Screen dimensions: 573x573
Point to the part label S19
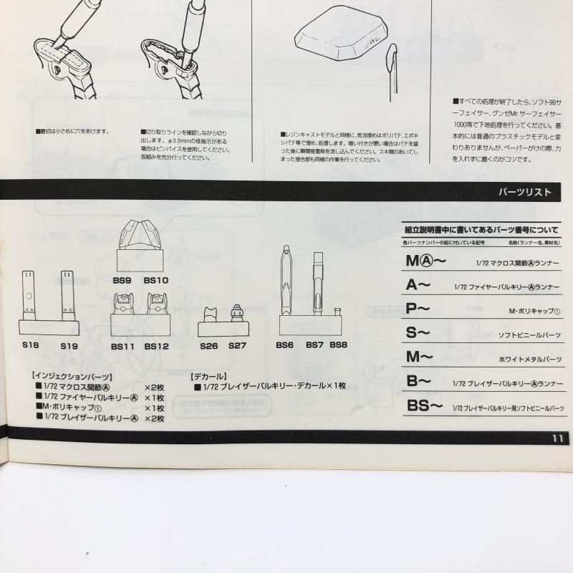coord(69,346)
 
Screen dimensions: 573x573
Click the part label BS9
coord(122,280)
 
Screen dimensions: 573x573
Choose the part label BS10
coord(155,280)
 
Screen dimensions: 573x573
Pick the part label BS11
coord(122,346)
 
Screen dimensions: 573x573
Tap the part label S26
coord(208,346)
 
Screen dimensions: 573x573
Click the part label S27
coord(237,346)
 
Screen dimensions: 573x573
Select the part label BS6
coord(285,345)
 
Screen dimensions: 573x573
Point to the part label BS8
coord(339,345)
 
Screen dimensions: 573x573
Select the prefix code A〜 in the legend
coord(418,284)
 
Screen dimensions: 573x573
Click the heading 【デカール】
coord(209,375)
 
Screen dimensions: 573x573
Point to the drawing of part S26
coord(210,314)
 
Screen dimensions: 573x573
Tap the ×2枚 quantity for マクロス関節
coord(155,386)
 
